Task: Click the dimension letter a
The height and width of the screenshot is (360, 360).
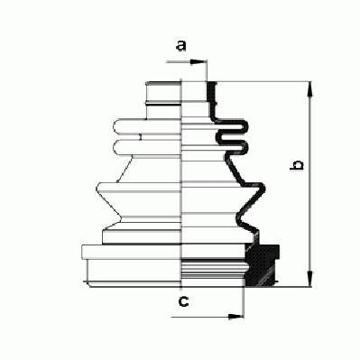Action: tap(181, 46)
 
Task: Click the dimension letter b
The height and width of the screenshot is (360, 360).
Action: tap(297, 165)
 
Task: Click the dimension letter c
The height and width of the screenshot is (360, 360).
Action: tap(183, 301)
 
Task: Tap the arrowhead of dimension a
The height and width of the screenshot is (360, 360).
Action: tap(198, 62)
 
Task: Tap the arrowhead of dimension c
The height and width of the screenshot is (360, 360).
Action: tap(235, 317)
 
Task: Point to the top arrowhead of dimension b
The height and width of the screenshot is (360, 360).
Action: tap(310, 89)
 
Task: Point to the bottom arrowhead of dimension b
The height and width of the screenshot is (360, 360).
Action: tap(310, 279)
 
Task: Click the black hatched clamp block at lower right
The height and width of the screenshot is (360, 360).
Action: tap(262, 265)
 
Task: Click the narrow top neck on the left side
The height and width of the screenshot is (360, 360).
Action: tap(163, 100)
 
